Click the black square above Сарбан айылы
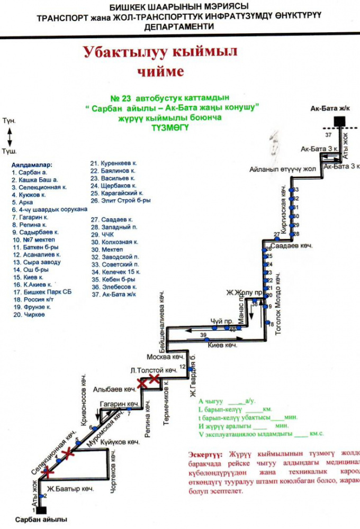pyautogui.click(x=40, y=510)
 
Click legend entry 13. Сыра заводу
pyautogui.click(x=36, y=262)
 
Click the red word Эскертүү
pyautogui.click(x=206, y=454)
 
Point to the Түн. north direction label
pyautogui.click(x=9, y=121)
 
